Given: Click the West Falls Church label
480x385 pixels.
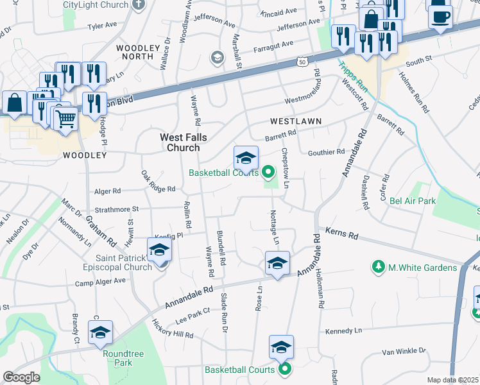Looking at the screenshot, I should pos(180,142).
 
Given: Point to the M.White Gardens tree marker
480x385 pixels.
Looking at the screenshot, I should pos(379,266).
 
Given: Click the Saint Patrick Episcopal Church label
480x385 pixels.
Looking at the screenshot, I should pos(117,262).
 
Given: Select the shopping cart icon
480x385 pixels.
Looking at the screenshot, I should pos(65,119).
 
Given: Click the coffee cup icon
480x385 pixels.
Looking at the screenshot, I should pos(440,17).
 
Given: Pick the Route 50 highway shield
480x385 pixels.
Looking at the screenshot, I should pos(303,62).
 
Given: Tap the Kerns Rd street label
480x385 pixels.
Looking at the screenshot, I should pos(341,232).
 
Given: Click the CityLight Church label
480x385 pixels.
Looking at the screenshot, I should pos(96,4).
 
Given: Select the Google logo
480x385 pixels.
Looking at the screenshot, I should pos(21,377).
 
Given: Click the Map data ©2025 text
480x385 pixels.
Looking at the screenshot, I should pos(452,380).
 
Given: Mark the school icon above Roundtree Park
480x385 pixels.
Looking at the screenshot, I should pos(100,332).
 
